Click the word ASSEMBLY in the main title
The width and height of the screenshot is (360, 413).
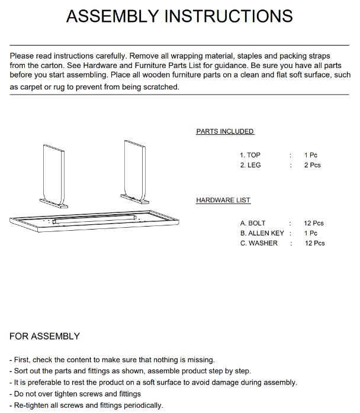click(113, 16)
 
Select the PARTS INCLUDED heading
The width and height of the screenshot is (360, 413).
click(225, 131)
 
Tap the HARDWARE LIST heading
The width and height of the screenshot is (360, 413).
click(223, 201)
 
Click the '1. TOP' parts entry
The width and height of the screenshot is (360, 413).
click(250, 155)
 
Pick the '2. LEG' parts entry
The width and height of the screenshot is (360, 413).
click(250, 165)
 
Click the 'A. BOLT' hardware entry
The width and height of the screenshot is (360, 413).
click(253, 223)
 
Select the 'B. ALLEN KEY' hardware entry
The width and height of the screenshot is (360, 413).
click(262, 233)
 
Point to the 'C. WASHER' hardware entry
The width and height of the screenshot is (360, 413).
click(259, 243)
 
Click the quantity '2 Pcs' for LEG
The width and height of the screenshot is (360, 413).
click(313, 165)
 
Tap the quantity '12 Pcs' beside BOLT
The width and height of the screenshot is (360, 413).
click(314, 223)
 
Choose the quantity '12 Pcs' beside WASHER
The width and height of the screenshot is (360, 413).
click(315, 243)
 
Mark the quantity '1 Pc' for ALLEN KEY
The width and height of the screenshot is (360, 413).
click(311, 233)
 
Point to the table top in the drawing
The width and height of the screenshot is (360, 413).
click(95, 221)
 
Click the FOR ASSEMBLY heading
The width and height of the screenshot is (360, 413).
click(44, 336)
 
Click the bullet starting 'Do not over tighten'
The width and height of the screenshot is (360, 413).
click(75, 394)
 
